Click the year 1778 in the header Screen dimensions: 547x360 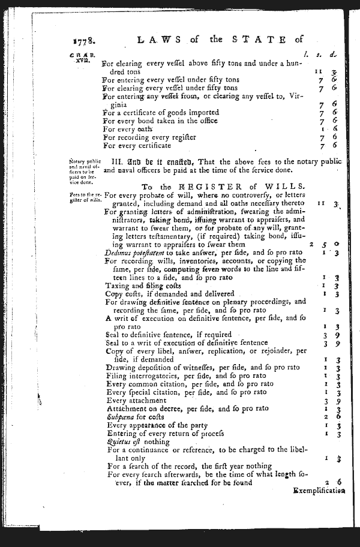point(83,42)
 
